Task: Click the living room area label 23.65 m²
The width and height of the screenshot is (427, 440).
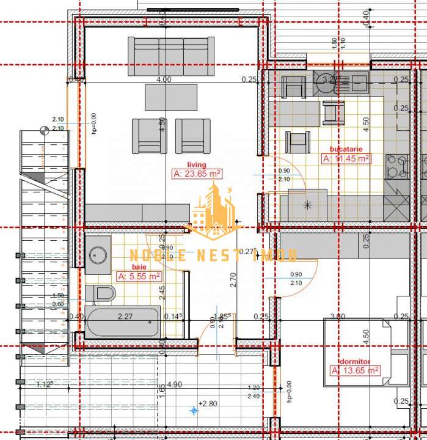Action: click(197, 174)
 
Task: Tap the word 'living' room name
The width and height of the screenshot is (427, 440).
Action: click(197, 164)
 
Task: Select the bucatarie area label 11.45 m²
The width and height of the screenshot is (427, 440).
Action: click(346, 158)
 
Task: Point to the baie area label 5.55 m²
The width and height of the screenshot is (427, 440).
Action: click(138, 276)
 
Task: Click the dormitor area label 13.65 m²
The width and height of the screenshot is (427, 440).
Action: click(354, 370)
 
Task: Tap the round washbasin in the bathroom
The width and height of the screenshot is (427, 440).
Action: click(98, 254)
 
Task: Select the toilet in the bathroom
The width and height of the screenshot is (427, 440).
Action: click(100, 293)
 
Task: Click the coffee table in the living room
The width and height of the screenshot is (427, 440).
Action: click(171, 97)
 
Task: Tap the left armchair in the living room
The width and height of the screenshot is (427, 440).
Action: click(149, 136)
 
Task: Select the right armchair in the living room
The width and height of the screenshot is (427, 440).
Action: click(192, 136)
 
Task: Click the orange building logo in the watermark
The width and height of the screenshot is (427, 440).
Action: click(211, 211)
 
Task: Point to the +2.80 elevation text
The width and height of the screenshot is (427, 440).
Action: click(209, 404)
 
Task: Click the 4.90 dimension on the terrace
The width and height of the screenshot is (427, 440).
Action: click(175, 384)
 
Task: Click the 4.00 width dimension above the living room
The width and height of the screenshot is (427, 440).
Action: click(164, 79)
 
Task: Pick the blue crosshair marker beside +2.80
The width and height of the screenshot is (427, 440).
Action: click(194, 411)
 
